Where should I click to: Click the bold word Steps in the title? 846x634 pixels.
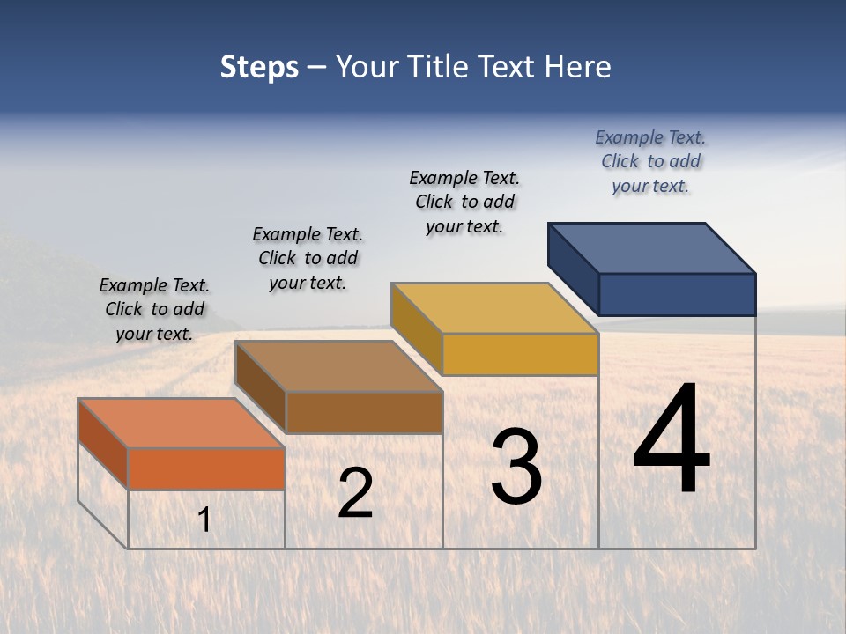point(259,67)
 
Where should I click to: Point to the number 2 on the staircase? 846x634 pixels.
point(355,493)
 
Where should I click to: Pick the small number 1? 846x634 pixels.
point(204,520)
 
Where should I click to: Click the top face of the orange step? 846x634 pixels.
point(182,424)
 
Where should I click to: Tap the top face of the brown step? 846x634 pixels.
point(338,366)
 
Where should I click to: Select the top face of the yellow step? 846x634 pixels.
point(494,308)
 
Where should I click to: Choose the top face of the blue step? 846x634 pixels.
point(652,248)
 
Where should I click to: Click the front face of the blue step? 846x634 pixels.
point(677,294)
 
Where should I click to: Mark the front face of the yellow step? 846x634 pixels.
point(520,354)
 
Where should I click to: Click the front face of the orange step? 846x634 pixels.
point(206,468)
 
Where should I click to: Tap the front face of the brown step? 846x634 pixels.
point(364,412)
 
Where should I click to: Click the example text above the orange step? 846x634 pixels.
point(154,309)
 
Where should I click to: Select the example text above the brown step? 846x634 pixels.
point(308,258)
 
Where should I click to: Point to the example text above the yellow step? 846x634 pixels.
point(464,202)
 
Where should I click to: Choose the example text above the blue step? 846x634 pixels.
point(650,161)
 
